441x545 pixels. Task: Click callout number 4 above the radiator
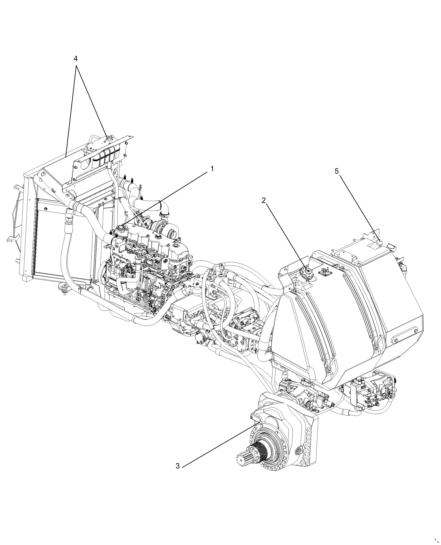pyautogui.click(x=76, y=59)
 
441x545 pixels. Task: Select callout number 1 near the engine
pyautogui.click(x=212, y=169)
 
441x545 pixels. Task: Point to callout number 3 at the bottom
pyautogui.click(x=178, y=466)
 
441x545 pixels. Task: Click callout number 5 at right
pyautogui.click(x=337, y=171)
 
